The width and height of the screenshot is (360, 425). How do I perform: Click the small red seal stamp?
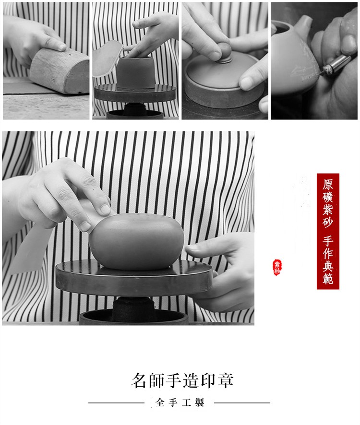(277, 267)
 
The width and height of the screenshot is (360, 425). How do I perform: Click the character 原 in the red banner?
(328, 185)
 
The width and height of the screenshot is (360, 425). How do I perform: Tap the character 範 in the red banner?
(328, 278)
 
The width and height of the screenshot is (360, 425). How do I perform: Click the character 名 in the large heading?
(140, 380)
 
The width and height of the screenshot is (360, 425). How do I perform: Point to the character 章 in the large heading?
(225, 380)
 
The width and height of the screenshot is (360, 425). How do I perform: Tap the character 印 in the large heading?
(208, 380)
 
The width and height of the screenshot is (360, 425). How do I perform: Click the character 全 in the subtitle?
(160, 402)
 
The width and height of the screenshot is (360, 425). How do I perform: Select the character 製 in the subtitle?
(199, 402)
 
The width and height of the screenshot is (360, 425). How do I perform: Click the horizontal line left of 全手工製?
(116, 403)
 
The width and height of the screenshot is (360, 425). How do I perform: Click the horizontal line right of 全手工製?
(242, 403)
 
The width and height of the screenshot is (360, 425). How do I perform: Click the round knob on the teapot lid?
(225, 52)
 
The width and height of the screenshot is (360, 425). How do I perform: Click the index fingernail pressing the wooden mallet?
(62, 47)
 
